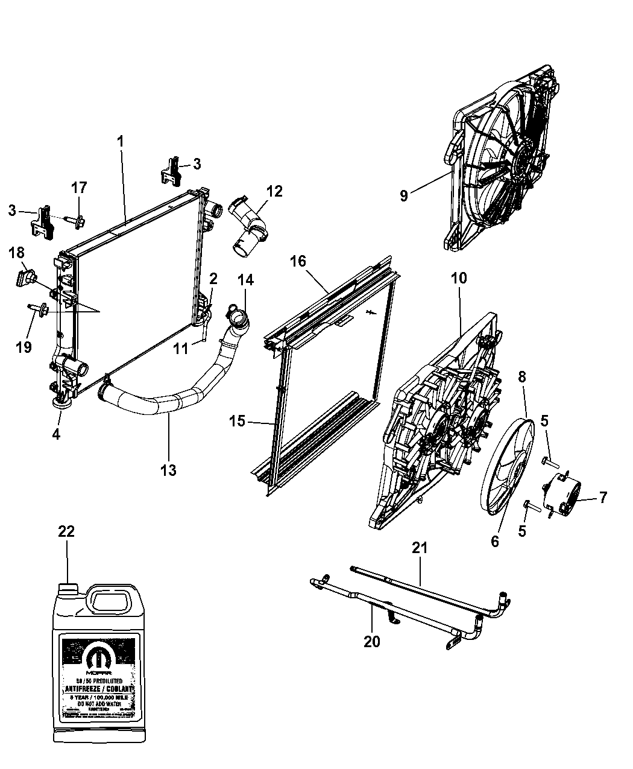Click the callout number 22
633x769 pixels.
pos(66,531)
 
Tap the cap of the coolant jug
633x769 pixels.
pos(69,588)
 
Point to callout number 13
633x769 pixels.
pos(168,469)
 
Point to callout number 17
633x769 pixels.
pos(79,188)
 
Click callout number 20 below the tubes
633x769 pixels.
pos(372,641)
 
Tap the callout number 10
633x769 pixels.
pos(458,278)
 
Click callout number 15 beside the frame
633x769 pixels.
pos(238,420)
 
